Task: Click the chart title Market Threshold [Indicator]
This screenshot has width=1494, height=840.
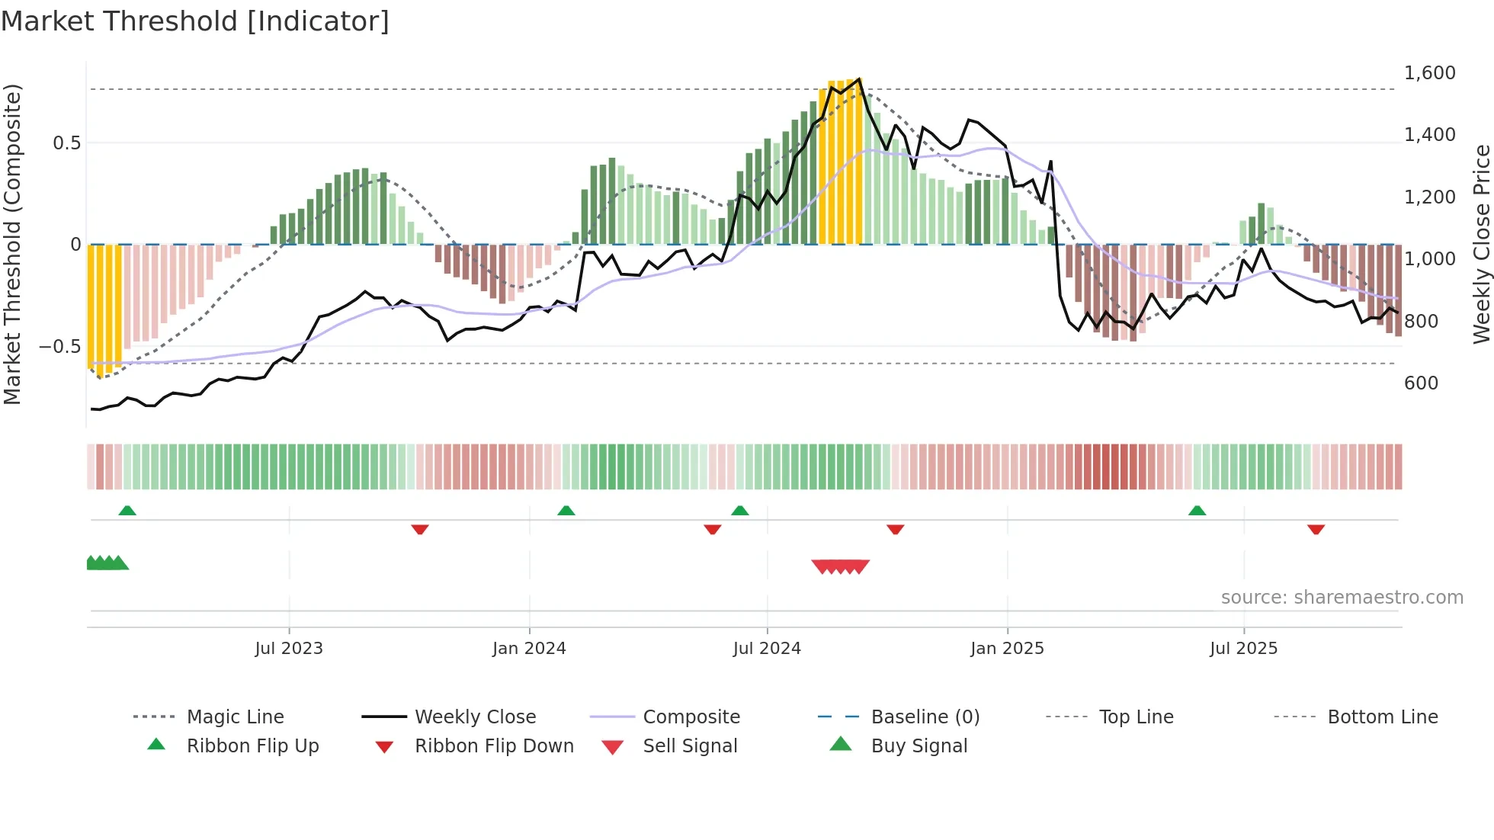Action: pos(195,21)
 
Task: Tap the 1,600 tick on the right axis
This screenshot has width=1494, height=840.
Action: pos(1429,73)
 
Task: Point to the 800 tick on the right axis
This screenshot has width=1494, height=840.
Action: pos(1421,322)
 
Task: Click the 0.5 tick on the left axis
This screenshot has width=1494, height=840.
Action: pos(66,143)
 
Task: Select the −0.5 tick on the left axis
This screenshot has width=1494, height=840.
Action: pos(59,347)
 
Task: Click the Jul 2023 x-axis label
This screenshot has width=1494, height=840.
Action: pos(289,649)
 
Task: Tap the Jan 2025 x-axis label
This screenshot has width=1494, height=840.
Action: pos(1007,649)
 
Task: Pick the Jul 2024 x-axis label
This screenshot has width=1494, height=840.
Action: pos(767,649)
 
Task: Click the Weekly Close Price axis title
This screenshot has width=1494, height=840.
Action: pos(1481,244)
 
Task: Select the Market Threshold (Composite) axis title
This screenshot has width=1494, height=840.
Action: pos(12,244)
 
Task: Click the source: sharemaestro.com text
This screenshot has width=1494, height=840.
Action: pos(1342,598)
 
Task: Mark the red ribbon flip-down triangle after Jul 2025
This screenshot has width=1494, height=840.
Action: pos(1316,529)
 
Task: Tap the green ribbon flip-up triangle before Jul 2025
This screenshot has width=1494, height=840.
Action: pos(1197,511)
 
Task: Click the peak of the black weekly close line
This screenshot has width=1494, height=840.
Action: pos(860,79)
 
